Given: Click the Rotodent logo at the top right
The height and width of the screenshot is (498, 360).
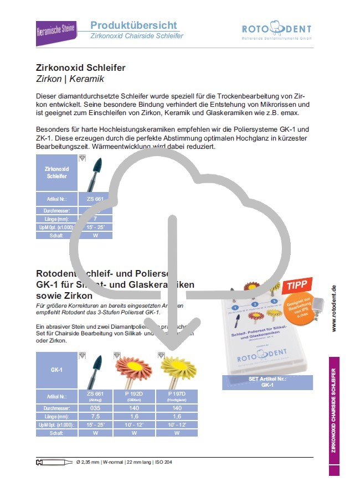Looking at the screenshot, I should click(276, 31).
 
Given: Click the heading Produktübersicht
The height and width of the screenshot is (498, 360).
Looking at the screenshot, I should click(133, 25).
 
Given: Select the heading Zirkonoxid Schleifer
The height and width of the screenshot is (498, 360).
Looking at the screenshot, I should click(80, 68).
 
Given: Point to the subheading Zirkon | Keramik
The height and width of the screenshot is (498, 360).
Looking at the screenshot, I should click(70, 80).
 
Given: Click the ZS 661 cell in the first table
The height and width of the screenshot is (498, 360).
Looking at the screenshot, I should click(95, 199).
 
